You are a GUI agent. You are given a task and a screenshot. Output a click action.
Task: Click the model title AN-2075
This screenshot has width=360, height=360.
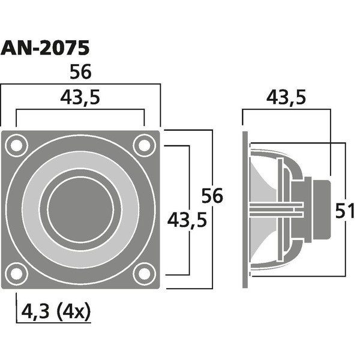click(45, 48)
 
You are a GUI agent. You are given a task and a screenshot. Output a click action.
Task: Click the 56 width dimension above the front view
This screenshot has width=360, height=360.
click(80, 72)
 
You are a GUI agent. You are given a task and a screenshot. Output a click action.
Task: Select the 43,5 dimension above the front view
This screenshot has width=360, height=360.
click(80, 97)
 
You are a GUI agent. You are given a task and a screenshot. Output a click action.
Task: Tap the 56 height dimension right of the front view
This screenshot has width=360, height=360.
click(212, 196)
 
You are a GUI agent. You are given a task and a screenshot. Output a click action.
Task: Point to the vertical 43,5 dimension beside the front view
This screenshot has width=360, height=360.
click(187, 220)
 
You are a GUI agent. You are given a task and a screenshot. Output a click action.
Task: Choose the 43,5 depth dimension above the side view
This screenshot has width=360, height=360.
click(286, 97)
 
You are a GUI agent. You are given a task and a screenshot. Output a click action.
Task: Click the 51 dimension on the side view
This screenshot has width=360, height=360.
click(345, 211)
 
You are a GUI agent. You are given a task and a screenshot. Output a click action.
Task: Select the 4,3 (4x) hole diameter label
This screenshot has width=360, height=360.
click(56, 311)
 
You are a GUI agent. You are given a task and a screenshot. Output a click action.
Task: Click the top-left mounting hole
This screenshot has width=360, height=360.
click(17, 146)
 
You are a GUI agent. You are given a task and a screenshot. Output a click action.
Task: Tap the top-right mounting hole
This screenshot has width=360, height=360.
click(145, 146)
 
